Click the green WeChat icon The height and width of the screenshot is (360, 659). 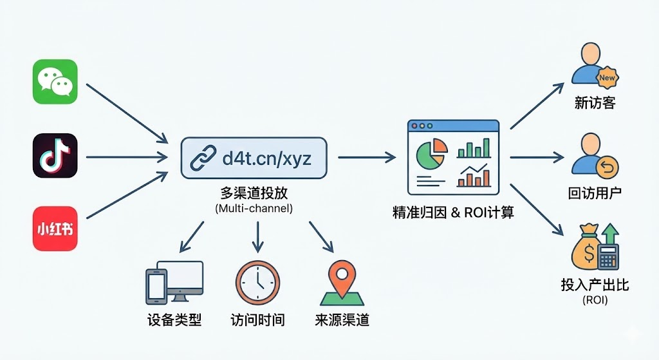(x=55, y=81)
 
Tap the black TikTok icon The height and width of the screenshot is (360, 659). (x=55, y=156)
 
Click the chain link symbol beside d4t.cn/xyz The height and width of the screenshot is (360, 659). (x=203, y=157)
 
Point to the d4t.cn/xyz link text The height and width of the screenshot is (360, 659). (x=266, y=157)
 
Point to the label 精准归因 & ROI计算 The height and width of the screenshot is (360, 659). (x=453, y=213)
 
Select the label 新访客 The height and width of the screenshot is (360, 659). (x=595, y=103)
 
